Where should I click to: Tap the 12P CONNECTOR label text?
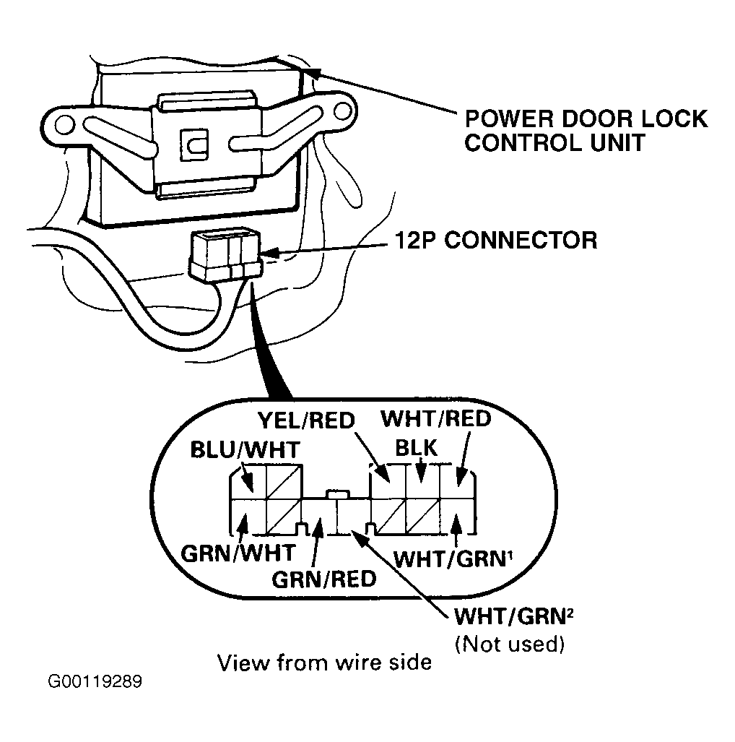(496, 241)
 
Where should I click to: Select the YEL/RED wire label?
(306, 420)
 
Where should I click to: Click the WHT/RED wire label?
(436, 419)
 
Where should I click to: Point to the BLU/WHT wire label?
(245, 449)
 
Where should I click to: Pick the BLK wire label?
(416, 448)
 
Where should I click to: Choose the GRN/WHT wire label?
(238, 553)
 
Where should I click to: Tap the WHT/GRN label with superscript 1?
(453, 559)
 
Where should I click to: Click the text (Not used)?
(510, 644)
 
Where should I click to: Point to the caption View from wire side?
(324, 663)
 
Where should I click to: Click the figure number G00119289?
(95, 682)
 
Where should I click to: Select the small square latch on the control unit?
(194, 143)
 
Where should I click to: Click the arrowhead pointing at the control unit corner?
(312, 72)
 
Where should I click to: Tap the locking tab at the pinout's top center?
(338, 494)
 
